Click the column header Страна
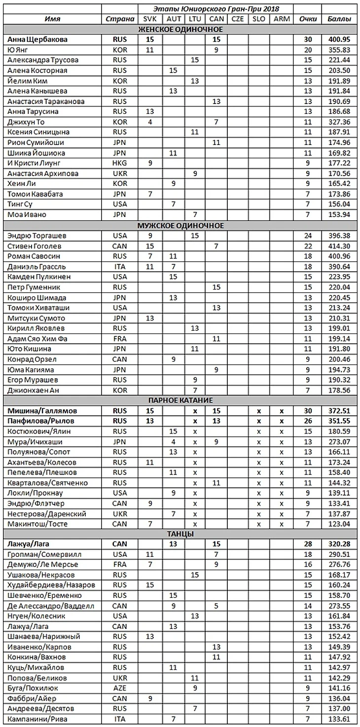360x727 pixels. (120, 19)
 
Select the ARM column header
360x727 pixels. (282, 19)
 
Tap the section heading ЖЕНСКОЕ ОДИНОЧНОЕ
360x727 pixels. (180, 29)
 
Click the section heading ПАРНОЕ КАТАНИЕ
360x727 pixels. (180, 400)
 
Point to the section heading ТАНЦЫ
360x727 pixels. (180, 534)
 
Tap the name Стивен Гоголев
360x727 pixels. (37, 246)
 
